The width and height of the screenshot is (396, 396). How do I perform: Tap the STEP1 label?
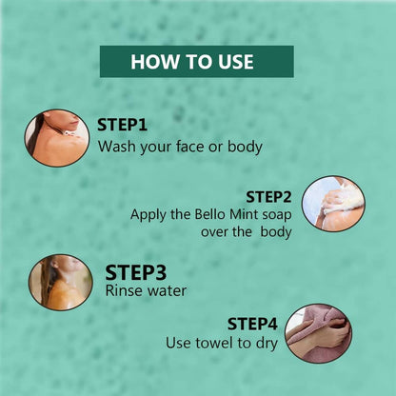pyautogui.click(x=122, y=125)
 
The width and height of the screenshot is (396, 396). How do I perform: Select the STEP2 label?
pyautogui.click(x=268, y=197)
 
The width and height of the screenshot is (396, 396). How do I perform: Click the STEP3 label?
pyautogui.click(x=136, y=272)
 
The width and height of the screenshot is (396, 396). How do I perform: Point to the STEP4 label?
pyautogui.click(x=252, y=324)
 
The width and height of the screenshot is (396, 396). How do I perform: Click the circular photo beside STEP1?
pyautogui.click(x=57, y=138)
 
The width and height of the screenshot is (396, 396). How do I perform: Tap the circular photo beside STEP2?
pyautogui.click(x=333, y=204)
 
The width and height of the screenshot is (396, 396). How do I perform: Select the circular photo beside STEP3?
pyautogui.click(x=61, y=282)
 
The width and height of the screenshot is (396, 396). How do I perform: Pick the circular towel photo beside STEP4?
pyautogui.click(x=318, y=334)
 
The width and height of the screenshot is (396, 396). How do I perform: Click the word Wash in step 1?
pyautogui.click(x=117, y=147)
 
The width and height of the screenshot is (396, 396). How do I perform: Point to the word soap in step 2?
pyautogui.click(x=277, y=216)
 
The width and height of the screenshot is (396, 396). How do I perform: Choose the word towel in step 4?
pyautogui.click(x=209, y=343)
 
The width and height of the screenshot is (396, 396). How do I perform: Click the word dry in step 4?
pyautogui.click(x=267, y=344)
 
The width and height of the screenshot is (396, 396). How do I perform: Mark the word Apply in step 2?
pyautogui.click(x=148, y=216)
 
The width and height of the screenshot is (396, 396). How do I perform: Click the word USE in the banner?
pyautogui.click(x=236, y=62)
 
